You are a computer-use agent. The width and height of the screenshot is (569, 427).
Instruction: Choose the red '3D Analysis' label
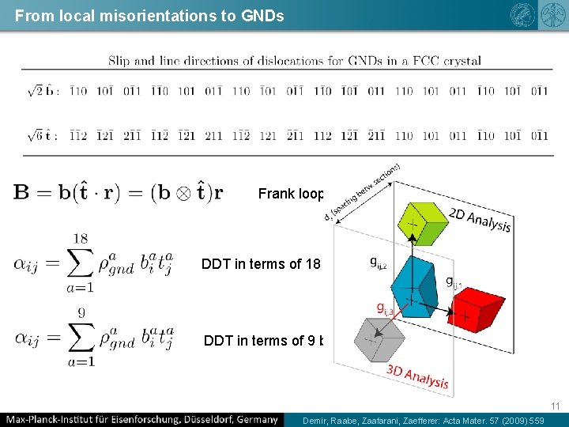pos(418,377)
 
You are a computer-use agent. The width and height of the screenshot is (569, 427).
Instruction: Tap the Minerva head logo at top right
pos(522,15)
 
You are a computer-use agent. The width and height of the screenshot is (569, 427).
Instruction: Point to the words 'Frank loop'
pos(288,193)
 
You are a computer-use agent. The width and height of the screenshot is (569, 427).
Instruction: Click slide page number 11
pos(556,406)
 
